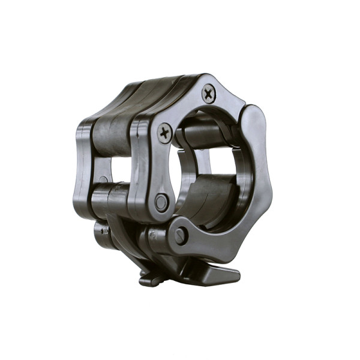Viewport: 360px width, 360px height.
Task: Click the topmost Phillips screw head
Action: click(x=208, y=93)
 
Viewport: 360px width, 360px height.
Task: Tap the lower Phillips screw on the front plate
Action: click(x=165, y=133)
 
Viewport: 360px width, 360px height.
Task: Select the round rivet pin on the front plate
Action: click(x=161, y=202)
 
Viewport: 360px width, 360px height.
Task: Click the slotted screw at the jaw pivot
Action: click(x=181, y=235)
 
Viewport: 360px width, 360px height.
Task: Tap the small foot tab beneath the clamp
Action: click(x=149, y=279)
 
